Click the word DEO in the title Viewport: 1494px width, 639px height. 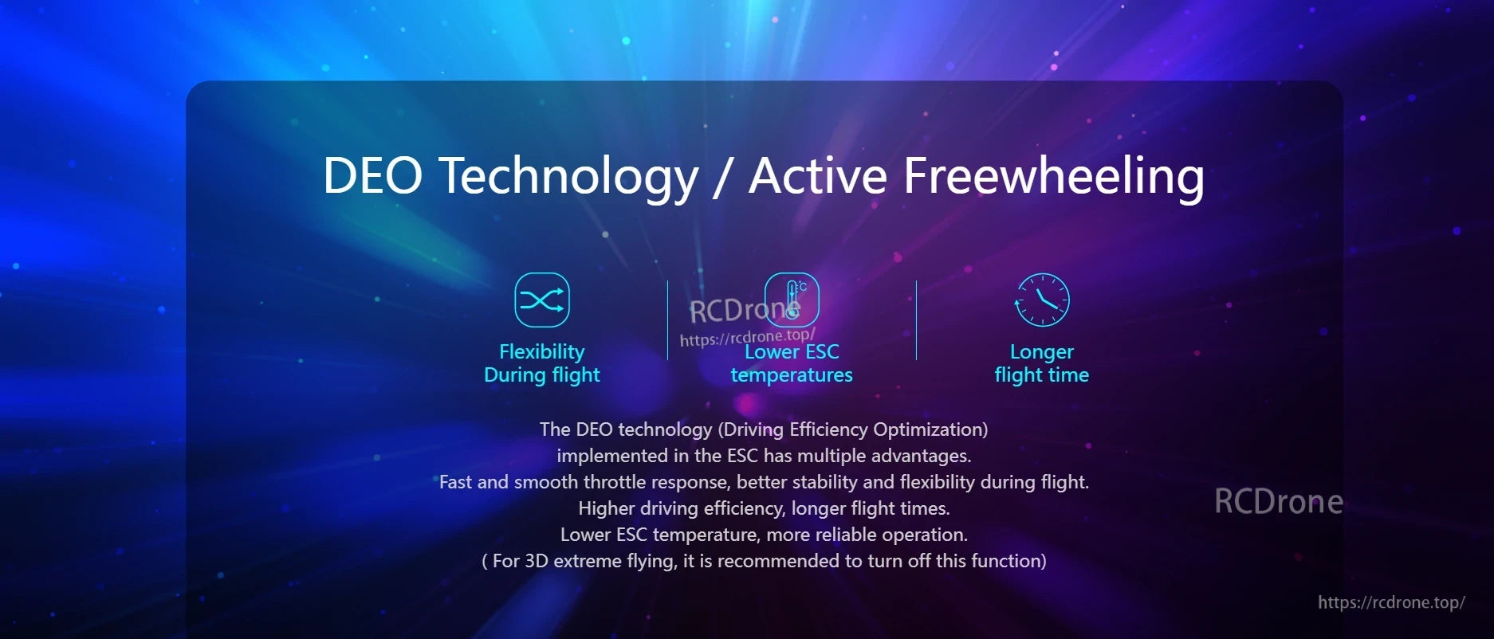[x=372, y=175]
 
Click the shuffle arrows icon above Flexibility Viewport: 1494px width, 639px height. [x=542, y=300]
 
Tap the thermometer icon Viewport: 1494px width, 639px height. [x=792, y=300]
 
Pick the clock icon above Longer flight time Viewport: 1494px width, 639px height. [x=1042, y=300]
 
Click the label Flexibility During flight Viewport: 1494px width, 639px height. [x=542, y=363]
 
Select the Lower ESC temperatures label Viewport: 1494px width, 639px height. [x=792, y=363]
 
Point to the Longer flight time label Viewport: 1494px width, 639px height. [x=1042, y=363]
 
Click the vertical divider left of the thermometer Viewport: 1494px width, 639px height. [x=667, y=320]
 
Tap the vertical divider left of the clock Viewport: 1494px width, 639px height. [x=917, y=320]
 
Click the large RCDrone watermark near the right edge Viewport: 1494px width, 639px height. [x=1279, y=501]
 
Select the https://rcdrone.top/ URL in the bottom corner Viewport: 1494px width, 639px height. [x=1391, y=602]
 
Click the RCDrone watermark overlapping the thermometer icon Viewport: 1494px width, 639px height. [x=745, y=310]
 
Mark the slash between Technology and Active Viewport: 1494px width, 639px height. [x=722, y=177]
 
